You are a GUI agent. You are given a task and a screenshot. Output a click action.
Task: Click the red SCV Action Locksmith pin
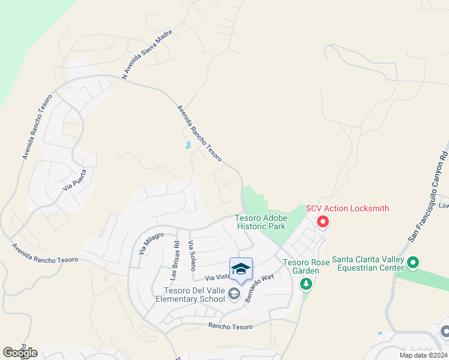(x=322, y=223)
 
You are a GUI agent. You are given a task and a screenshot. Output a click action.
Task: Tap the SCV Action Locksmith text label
(x=348, y=209)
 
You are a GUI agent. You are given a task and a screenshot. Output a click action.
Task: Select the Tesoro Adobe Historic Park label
(x=261, y=222)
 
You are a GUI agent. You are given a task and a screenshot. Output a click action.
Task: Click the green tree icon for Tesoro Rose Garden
(x=307, y=283)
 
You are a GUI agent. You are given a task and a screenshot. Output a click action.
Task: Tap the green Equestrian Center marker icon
(x=412, y=262)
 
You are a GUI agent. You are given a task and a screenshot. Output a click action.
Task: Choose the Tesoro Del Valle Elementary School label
(x=190, y=295)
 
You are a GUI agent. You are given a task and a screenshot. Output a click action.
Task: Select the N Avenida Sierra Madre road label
(x=147, y=54)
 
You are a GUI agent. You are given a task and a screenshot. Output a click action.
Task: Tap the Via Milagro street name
(x=151, y=242)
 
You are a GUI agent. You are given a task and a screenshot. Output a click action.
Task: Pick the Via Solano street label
(x=192, y=256)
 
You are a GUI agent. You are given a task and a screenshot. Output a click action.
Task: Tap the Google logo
(x=20, y=352)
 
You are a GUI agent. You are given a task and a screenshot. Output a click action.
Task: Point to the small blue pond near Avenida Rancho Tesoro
(x=188, y=145)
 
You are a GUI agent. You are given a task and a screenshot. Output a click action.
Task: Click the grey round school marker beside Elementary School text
(x=234, y=293)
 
